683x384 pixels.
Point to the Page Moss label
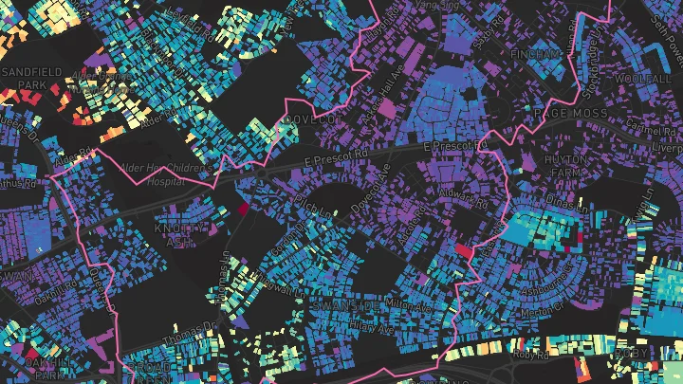point(570,113)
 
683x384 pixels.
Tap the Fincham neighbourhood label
point(535,55)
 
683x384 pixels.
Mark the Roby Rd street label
point(532,356)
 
